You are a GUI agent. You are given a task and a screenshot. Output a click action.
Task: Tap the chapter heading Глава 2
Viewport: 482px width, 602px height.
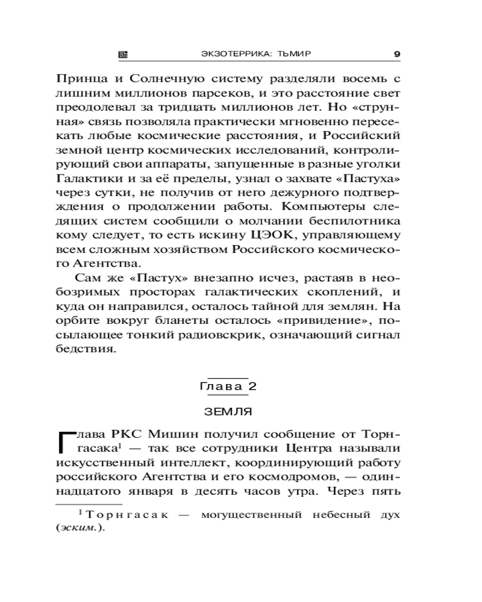click(x=228, y=386)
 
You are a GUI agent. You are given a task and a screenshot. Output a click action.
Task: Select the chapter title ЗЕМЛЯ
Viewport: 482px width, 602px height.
click(x=228, y=412)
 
